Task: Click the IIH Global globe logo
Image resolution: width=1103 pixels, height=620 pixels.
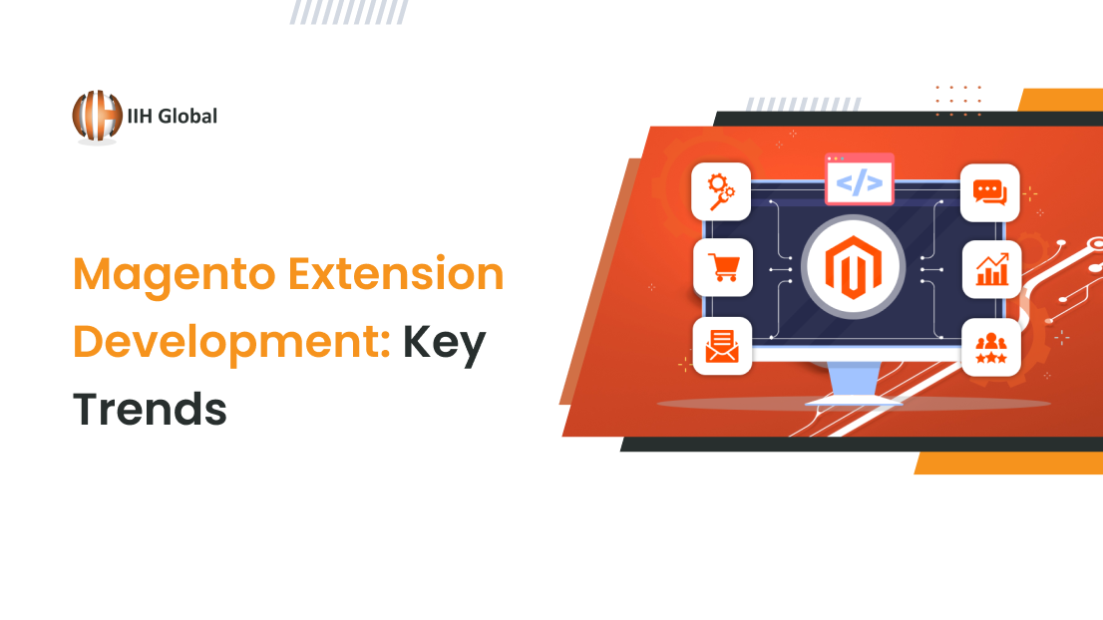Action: click(x=97, y=116)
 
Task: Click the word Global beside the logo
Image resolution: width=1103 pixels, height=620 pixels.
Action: click(x=187, y=116)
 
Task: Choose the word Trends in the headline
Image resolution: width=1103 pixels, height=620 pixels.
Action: click(x=150, y=409)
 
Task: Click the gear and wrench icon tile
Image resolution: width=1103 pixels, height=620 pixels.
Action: click(x=721, y=192)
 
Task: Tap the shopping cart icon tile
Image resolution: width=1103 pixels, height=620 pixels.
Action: click(x=722, y=268)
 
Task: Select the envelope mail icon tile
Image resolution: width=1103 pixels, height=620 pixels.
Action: click(x=722, y=346)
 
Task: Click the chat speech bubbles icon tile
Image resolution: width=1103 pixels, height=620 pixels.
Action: click(x=989, y=192)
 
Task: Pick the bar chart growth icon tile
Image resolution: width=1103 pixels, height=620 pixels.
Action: click(x=992, y=269)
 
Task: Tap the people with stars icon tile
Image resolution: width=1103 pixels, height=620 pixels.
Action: click(x=991, y=347)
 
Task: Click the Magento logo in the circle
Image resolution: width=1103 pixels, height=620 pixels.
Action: click(x=854, y=267)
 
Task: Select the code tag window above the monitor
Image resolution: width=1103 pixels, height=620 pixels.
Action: click(x=859, y=179)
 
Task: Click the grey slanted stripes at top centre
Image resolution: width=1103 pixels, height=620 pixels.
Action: click(x=349, y=12)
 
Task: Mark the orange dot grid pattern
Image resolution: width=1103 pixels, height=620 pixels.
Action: click(x=958, y=101)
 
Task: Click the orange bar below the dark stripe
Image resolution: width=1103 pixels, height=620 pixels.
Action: click(x=1008, y=463)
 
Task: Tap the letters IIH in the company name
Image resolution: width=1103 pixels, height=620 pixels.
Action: click(x=140, y=116)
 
